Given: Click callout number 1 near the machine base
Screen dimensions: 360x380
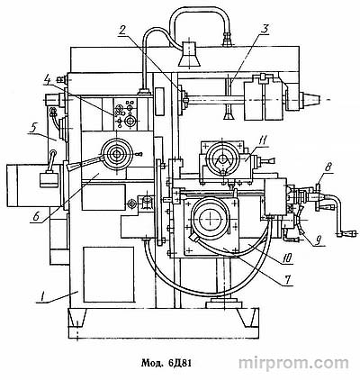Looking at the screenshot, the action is [x=42, y=297].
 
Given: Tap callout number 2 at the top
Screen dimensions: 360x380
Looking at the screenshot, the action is [x=123, y=31].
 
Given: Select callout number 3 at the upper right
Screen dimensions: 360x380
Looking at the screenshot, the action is [x=264, y=29].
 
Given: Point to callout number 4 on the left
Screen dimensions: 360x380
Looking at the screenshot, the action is [x=48, y=80].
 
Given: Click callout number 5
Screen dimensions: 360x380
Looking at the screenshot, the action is [x=33, y=128].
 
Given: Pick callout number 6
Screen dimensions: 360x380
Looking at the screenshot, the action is [x=36, y=217].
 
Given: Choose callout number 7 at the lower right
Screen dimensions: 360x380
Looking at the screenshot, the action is [x=287, y=279].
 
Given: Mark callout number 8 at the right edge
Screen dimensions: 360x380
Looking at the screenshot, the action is [x=328, y=167].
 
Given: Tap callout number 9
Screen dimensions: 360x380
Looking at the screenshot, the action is [x=319, y=240].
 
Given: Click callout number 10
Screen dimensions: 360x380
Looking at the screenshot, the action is [x=287, y=258].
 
